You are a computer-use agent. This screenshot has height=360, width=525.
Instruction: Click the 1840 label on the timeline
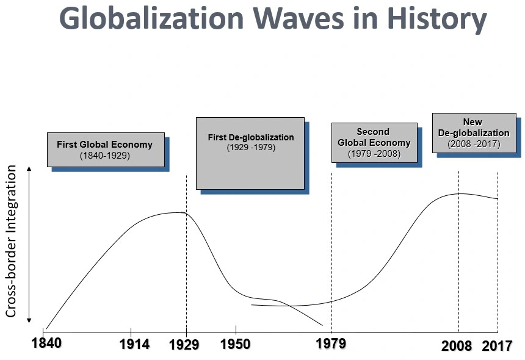[46, 343]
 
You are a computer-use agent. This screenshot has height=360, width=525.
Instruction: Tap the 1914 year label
[134, 345]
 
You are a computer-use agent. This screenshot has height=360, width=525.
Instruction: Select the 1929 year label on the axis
[184, 345]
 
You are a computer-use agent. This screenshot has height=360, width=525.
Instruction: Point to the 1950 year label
[235, 344]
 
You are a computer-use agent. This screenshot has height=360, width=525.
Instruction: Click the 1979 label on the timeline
[330, 344]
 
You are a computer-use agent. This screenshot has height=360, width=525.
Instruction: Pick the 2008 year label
[457, 346]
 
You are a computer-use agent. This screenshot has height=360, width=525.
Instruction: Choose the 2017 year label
[498, 346]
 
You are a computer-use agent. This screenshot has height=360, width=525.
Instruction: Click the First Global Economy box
[106, 149]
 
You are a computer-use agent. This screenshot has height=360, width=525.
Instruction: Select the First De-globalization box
[250, 153]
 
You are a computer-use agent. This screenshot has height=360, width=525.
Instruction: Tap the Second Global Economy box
[374, 143]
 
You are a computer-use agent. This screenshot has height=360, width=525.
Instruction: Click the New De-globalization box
[473, 132]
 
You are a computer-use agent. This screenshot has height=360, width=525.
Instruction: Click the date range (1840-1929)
[105, 156]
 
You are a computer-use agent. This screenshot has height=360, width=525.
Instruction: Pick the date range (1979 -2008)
[374, 154]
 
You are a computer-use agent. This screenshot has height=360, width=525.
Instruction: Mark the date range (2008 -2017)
[473, 144]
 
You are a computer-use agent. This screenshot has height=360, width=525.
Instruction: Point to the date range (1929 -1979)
[251, 148]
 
